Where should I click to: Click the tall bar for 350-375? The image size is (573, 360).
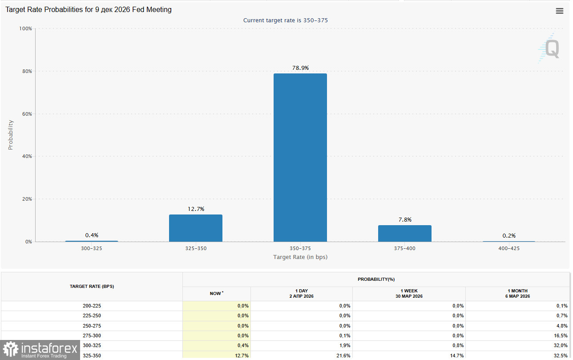[x=300, y=158]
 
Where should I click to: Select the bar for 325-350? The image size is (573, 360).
[x=195, y=228]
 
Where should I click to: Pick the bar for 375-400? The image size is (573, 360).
[x=404, y=234]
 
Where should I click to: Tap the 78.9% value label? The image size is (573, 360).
[x=300, y=68]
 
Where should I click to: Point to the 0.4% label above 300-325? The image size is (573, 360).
[x=92, y=235]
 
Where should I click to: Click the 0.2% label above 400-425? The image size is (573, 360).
[x=509, y=236]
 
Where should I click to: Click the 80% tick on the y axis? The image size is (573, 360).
[x=26, y=71]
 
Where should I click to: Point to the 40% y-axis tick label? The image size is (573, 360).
[x=26, y=157]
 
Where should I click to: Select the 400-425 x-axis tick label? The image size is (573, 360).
[x=509, y=248]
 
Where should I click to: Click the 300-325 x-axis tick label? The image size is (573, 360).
[x=91, y=248]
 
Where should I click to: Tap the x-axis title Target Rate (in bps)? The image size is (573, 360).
[x=300, y=257]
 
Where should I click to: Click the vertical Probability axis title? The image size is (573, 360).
[x=11, y=135]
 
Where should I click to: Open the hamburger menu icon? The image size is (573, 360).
[x=560, y=11]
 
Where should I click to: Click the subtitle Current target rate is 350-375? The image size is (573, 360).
[x=286, y=20]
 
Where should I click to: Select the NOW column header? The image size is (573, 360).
[x=217, y=294]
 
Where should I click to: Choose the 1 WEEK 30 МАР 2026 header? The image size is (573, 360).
[x=409, y=294]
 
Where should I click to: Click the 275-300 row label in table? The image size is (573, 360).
[x=92, y=336]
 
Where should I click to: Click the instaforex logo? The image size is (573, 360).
[x=40, y=350]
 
